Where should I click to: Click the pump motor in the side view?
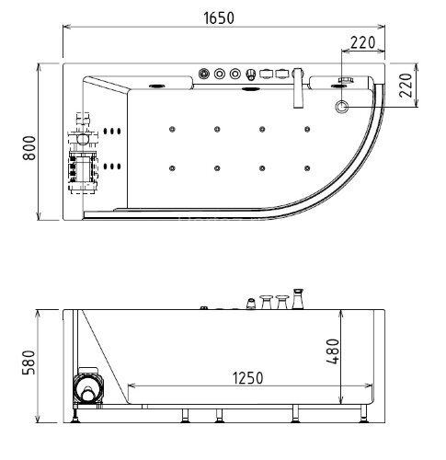click(88, 390)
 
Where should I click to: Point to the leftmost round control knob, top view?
click(203, 74)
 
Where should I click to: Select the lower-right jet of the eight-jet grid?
click(306, 167)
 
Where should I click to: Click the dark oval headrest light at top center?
click(250, 90)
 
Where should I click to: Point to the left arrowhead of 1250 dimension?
click(132, 385)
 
